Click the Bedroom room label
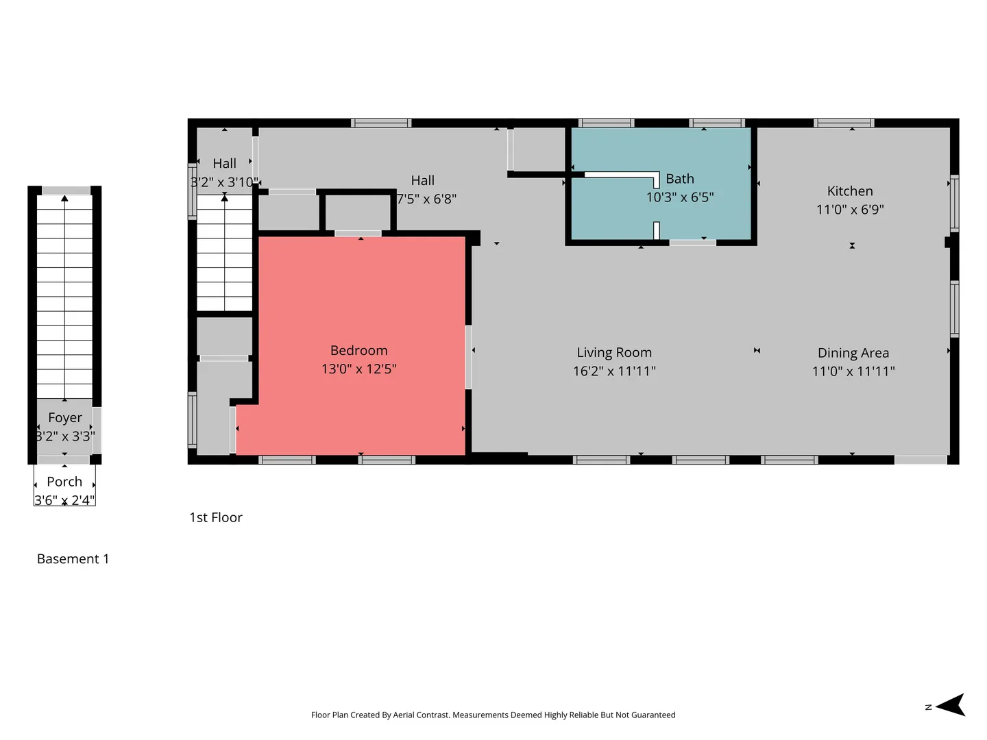358,350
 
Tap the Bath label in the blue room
679,178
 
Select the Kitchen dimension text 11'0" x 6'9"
849,209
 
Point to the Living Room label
613,352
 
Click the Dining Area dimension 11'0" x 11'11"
853,371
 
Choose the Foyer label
65,418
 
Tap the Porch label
64,481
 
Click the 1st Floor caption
216,517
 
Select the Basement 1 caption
73,558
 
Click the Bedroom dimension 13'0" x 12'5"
358,369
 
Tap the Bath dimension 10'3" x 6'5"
679,197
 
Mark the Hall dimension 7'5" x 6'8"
426,199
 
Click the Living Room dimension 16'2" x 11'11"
613,371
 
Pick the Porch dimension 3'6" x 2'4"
64,500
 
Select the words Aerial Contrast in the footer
421,715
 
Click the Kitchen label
849,191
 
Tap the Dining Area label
853,353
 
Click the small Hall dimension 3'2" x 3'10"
224,182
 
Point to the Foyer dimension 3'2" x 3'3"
65,436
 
